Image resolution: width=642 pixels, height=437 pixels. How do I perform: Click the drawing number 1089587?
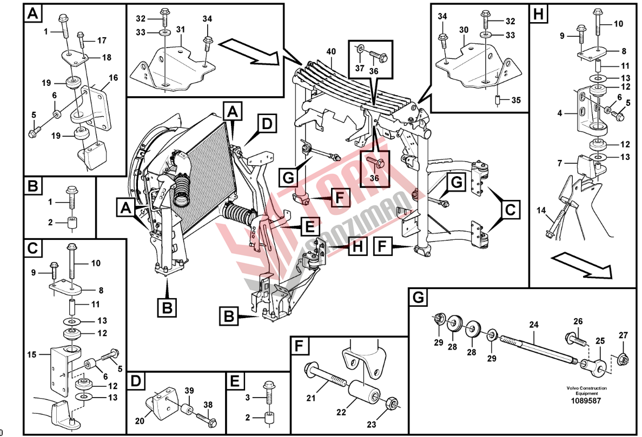(587, 401)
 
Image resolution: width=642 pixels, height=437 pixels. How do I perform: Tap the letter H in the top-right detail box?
(538, 14)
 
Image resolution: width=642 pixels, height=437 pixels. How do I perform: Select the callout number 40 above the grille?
(331, 52)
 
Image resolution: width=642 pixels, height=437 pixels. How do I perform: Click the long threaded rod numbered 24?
(541, 346)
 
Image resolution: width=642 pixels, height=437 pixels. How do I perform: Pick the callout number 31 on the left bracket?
(181, 29)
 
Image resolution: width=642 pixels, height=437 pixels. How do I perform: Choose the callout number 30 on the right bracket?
(464, 30)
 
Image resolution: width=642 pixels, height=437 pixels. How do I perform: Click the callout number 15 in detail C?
(32, 354)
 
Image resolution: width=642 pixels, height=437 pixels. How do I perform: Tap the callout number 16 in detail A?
(113, 78)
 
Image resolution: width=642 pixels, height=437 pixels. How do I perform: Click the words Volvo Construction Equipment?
(587, 391)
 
